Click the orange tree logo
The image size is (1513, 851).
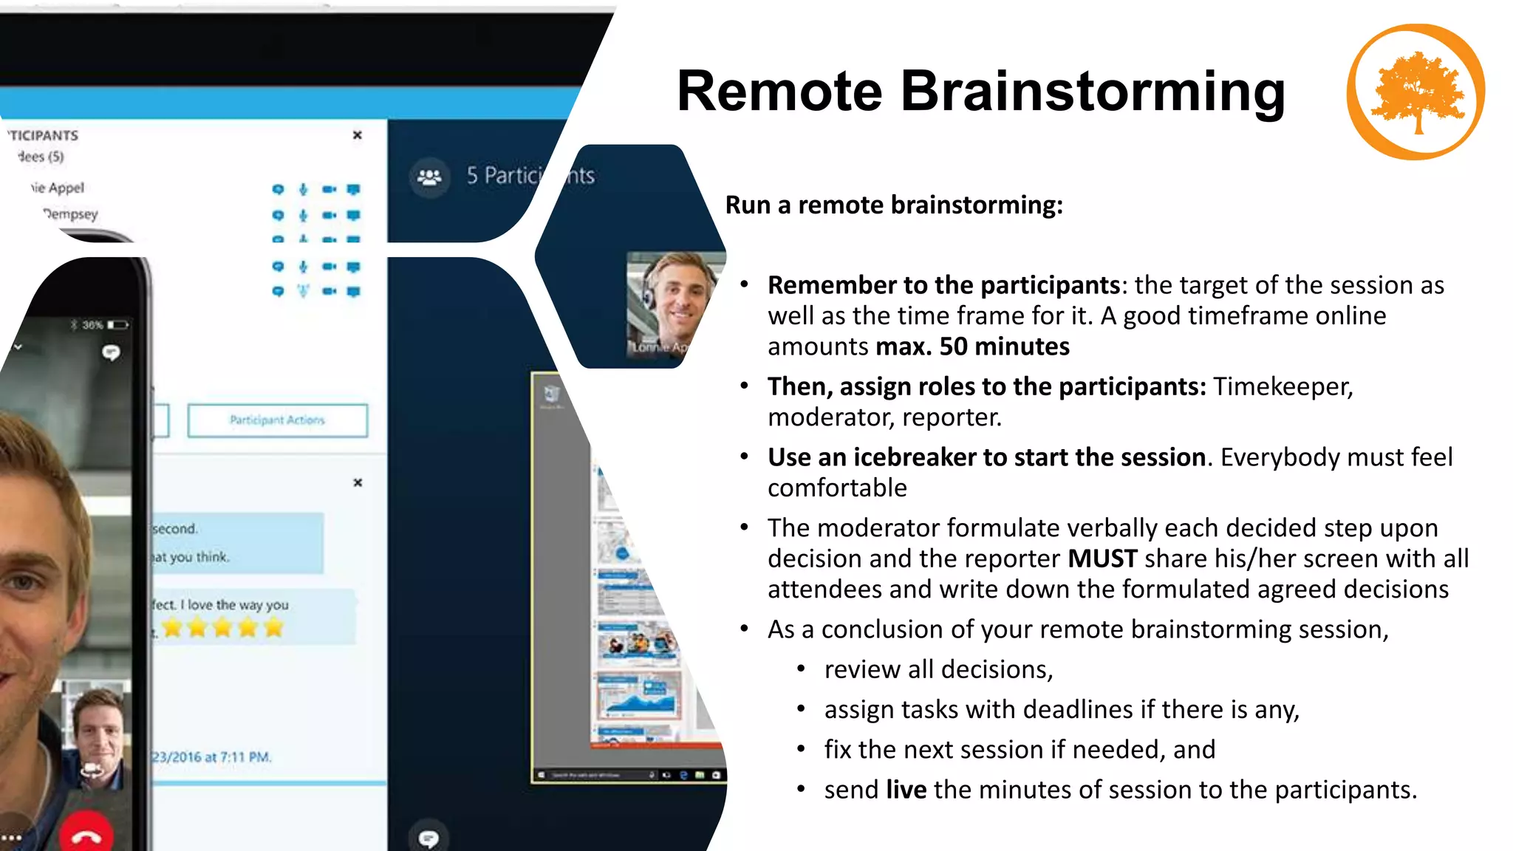(1415, 92)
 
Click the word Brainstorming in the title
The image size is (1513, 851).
(1093, 91)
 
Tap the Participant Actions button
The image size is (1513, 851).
(277, 420)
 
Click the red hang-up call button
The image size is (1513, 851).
(86, 835)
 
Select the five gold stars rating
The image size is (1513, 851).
(222, 628)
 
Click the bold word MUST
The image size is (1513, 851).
(1102, 558)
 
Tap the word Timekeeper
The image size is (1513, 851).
(1283, 386)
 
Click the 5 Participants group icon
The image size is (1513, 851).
(429, 177)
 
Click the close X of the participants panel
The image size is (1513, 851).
(358, 135)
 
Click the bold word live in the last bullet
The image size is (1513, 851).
(906, 790)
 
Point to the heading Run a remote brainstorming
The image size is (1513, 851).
(893, 205)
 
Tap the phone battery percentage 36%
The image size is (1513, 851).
(92, 325)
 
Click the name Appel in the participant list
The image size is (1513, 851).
(66, 188)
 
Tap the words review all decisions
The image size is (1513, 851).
(938, 669)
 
